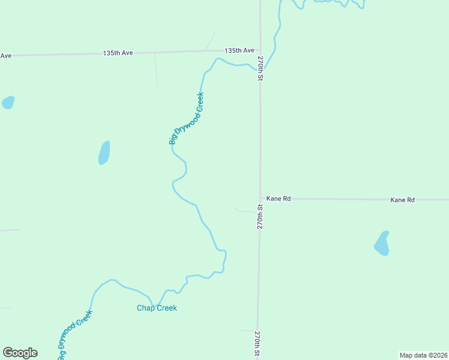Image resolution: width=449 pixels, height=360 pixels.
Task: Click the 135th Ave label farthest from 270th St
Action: (x=118, y=53)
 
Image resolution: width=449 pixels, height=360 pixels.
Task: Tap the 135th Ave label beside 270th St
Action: (x=240, y=50)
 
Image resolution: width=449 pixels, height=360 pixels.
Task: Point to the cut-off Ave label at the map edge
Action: (x=6, y=56)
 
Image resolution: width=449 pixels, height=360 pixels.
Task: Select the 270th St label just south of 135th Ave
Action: (x=261, y=69)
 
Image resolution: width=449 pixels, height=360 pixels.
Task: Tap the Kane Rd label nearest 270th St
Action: (x=279, y=198)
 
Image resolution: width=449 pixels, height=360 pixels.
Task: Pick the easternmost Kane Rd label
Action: (x=402, y=199)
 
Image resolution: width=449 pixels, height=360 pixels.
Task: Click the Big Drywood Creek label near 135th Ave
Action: (x=186, y=118)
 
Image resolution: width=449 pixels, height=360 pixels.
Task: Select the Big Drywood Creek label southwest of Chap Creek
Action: (x=75, y=335)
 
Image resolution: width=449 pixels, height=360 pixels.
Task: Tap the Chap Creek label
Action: (x=157, y=308)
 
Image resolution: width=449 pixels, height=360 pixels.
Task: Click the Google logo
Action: (x=20, y=353)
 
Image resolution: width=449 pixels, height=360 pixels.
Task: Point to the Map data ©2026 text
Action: (x=424, y=355)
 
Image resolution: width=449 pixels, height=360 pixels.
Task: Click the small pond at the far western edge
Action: (x=8, y=103)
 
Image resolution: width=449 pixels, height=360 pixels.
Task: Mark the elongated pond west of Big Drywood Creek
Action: (x=104, y=153)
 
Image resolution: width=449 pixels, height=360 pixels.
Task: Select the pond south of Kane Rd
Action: (x=382, y=243)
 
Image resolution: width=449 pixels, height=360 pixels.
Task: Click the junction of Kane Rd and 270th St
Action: (x=260, y=199)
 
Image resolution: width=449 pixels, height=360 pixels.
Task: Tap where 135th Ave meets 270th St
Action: (x=260, y=50)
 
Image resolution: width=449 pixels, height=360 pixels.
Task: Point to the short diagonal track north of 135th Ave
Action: (x=210, y=41)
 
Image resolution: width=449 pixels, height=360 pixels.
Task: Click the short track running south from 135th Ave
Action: (x=156, y=71)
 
